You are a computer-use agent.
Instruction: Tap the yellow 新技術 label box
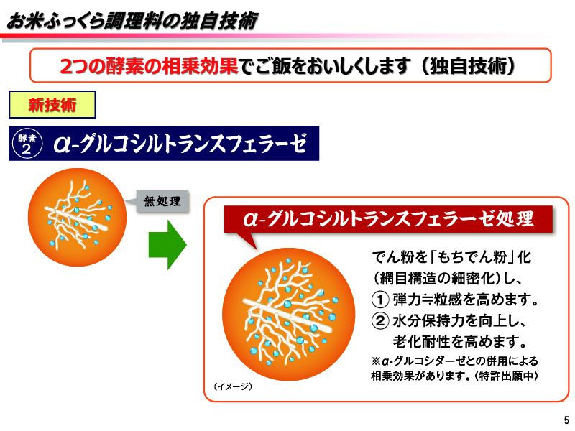pos(52,105)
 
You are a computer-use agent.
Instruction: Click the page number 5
pos(566,420)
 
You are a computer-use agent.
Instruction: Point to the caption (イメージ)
pos(233,386)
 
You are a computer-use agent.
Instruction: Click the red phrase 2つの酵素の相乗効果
pos(148,66)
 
